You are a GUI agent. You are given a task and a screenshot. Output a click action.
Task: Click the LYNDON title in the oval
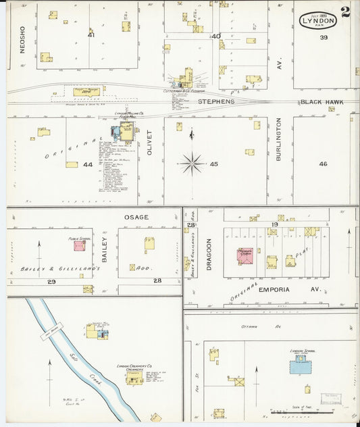(x=319, y=20)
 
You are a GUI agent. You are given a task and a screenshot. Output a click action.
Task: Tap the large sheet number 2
(x=345, y=11)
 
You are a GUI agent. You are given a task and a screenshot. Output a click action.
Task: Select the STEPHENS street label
(x=215, y=101)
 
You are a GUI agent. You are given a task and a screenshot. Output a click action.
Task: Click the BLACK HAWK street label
(x=322, y=102)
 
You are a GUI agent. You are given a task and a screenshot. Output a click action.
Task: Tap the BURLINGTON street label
(x=278, y=141)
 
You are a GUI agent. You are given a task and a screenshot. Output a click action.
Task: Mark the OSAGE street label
(x=136, y=216)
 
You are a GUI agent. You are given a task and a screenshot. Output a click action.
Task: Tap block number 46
(x=323, y=164)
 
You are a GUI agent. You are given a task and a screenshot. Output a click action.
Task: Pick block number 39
(x=324, y=37)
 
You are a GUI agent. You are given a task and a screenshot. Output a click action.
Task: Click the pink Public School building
(x=80, y=248)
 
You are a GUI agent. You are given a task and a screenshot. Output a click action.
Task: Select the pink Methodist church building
(x=245, y=257)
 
